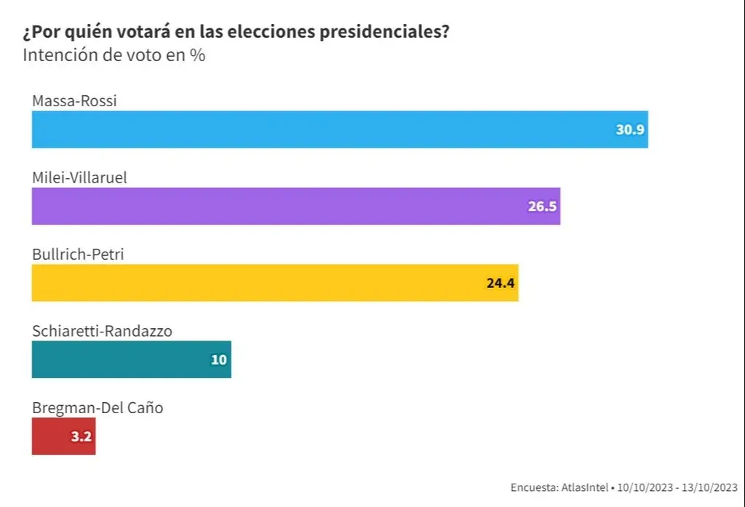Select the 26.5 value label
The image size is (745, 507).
tap(542, 207)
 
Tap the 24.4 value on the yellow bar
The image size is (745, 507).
tap(501, 284)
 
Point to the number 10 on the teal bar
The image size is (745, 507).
tap(218, 360)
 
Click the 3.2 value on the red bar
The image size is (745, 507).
tap(80, 437)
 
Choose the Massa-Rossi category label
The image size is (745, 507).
tap(74, 100)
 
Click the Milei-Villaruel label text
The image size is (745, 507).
tap(79, 177)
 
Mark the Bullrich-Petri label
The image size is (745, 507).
tap(79, 254)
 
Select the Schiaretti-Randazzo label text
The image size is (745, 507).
tap(102, 331)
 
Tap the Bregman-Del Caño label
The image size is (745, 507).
tap(97, 407)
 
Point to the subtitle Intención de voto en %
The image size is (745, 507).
tap(114, 55)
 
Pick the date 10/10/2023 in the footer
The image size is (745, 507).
tap(646, 487)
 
